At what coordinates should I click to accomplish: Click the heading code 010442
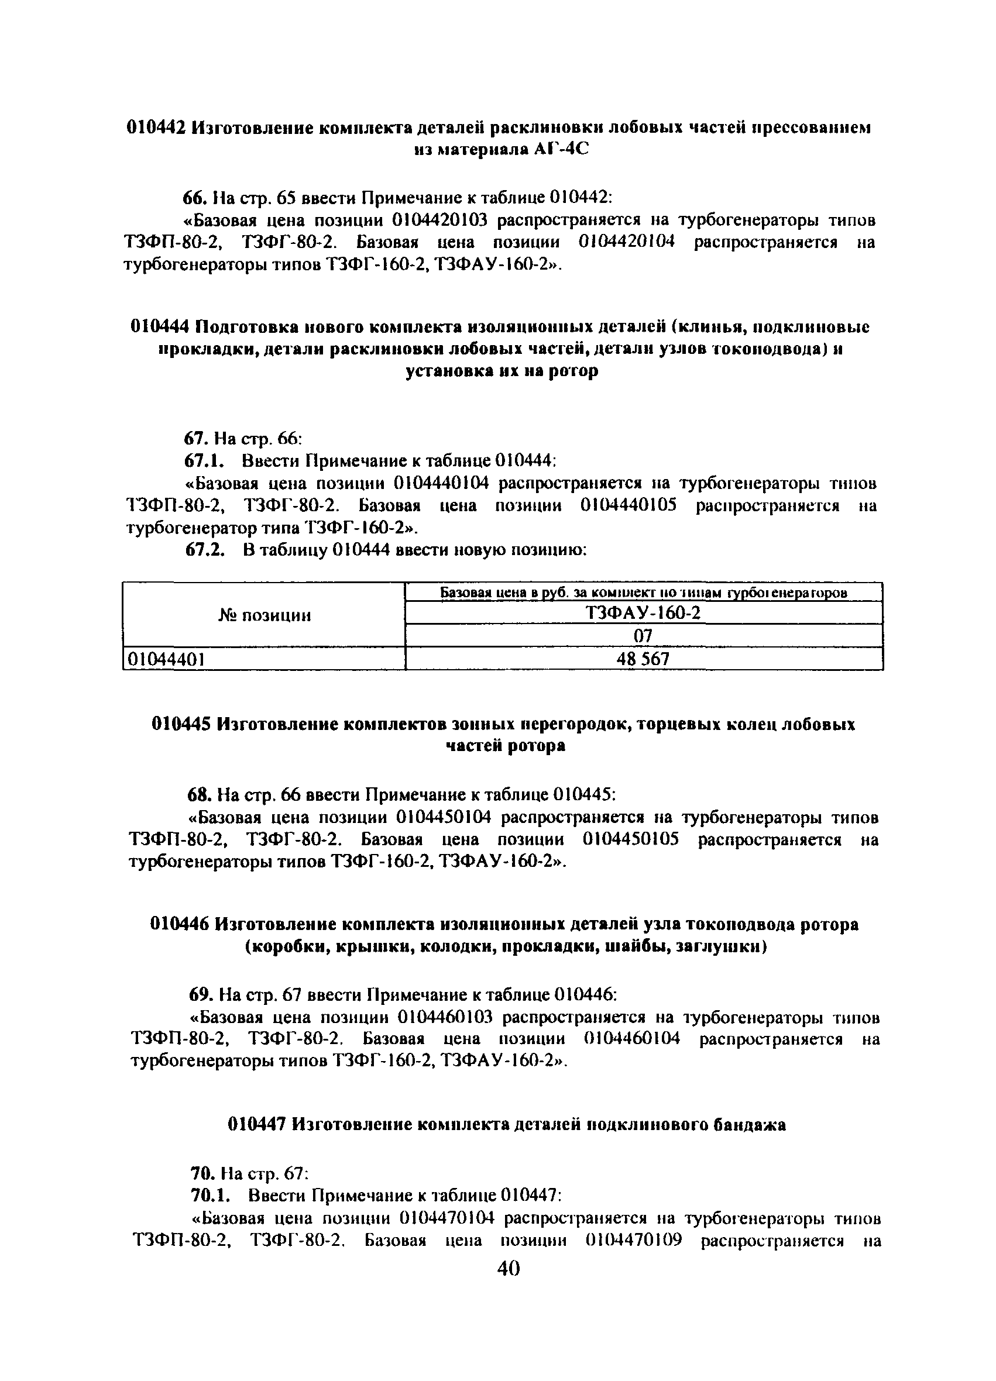(155, 128)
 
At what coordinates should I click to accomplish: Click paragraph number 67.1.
(205, 460)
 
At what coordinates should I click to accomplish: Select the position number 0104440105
(627, 505)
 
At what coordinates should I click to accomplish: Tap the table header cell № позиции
(264, 615)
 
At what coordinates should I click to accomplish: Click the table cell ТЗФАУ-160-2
(643, 613)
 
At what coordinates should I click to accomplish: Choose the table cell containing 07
(643, 636)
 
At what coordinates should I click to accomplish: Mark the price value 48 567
(643, 659)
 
